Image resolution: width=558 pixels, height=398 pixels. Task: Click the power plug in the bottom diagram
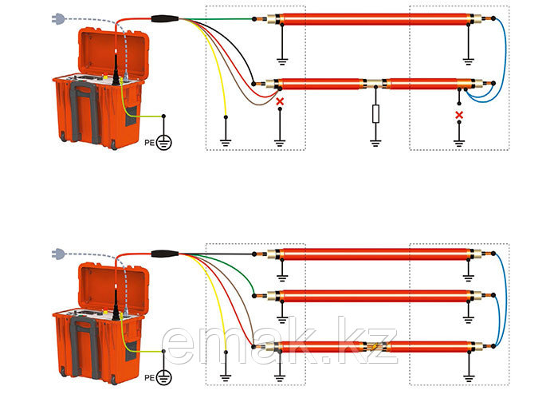(57, 254)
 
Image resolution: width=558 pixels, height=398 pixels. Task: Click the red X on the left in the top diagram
(280, 101)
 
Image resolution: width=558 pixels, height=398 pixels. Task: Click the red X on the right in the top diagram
(458, 116)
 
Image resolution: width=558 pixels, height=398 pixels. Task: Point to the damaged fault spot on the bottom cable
(373, 347)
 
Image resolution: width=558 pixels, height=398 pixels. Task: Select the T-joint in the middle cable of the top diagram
(375, 82)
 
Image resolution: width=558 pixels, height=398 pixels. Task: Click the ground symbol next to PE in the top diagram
(165, 142)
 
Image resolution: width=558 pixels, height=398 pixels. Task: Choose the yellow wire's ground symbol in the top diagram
(226, 141)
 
